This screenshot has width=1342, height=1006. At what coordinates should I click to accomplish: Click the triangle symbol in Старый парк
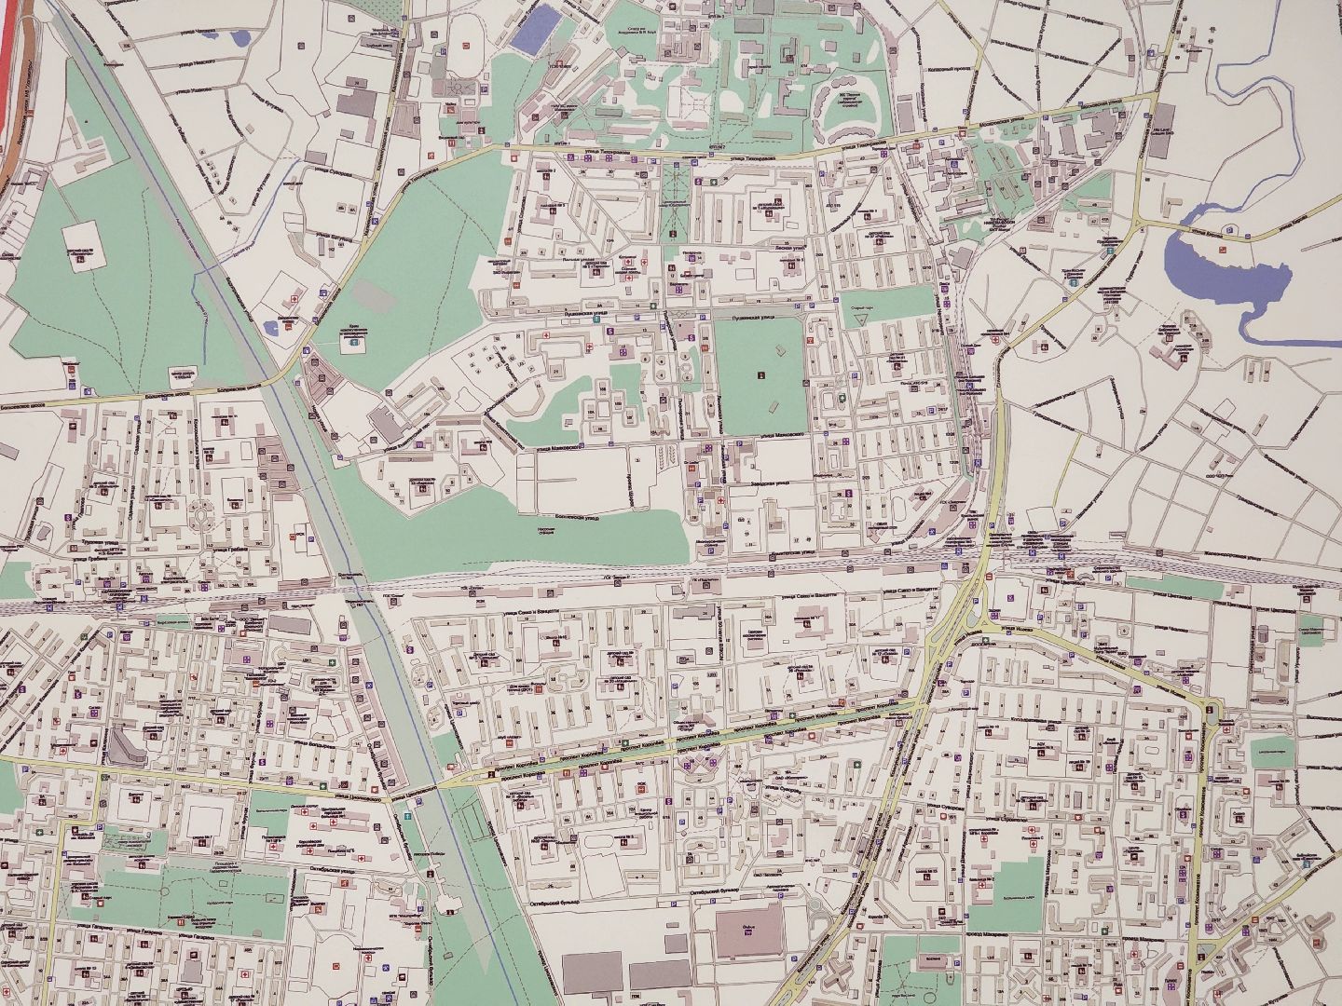pos(861,319)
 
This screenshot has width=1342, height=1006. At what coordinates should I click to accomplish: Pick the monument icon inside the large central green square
pos(761,376)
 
